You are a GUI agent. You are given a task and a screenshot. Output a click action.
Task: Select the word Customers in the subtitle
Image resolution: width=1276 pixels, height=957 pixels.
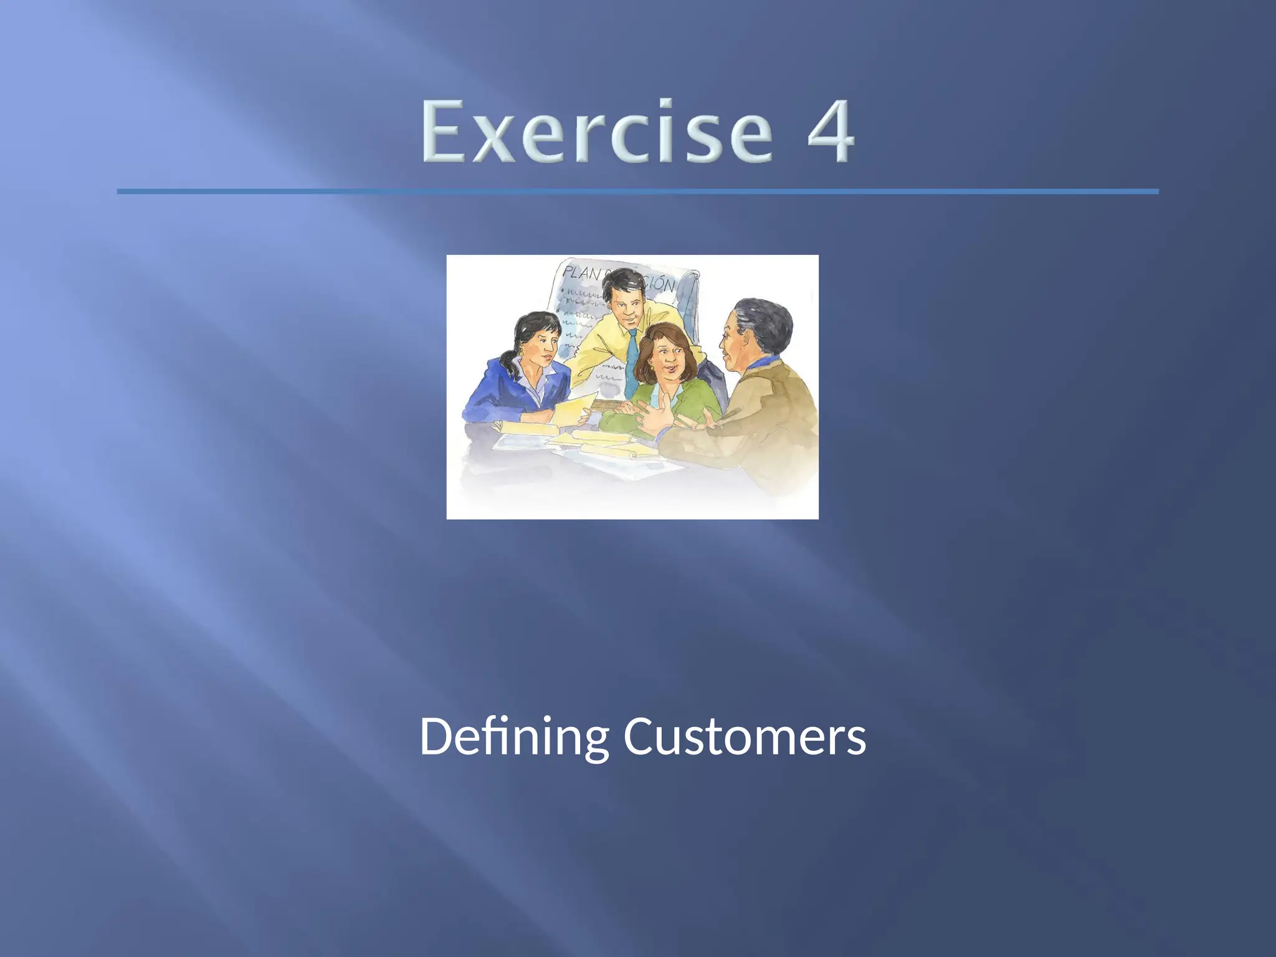[745, 736]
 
